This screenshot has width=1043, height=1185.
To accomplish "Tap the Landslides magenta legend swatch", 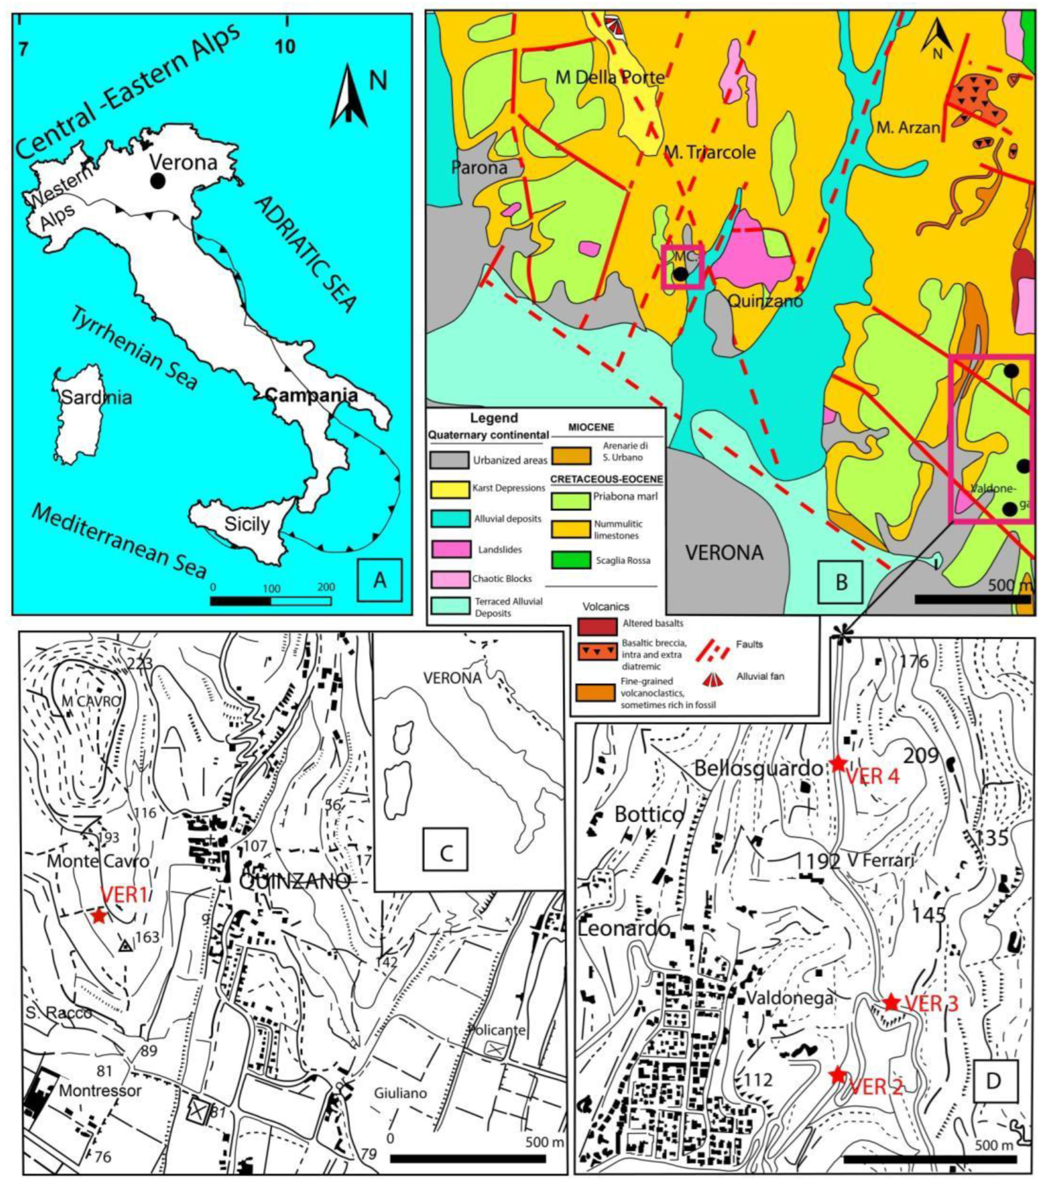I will point(451,548).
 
